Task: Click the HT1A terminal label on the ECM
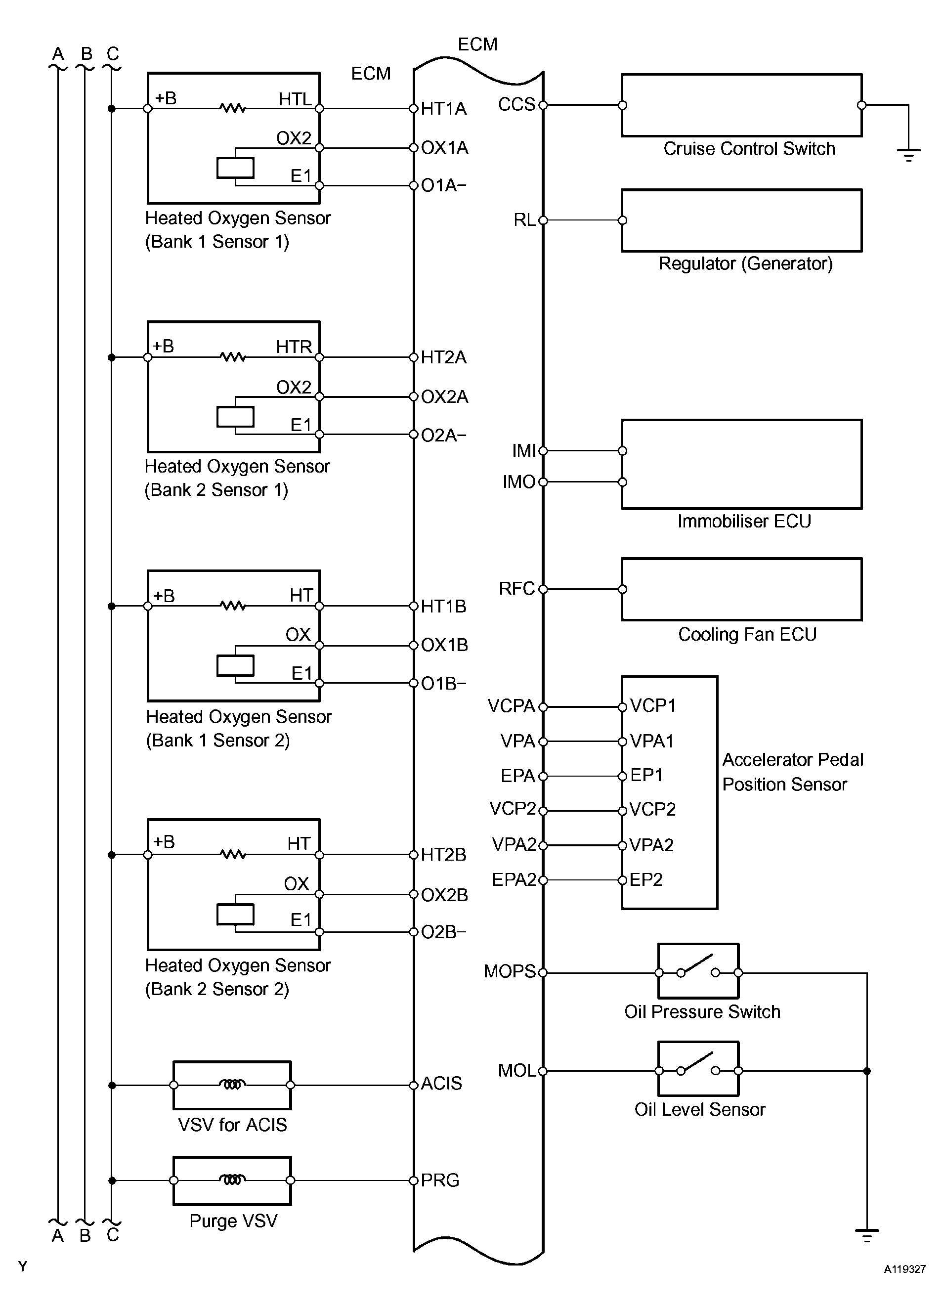click(x=443, y=109)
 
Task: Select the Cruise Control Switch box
click(x=741, y=105)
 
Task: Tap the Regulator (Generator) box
click(x=741, y=220)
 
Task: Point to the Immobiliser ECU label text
click(x=744, y=521)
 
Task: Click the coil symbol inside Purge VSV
click(x=232, y=1179)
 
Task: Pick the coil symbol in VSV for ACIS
click(x=232, y=1084)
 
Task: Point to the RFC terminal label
click(x=517, y=589)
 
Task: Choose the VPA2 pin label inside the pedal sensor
click(x=651, y=845)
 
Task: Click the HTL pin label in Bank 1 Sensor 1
click(x=295, y=99)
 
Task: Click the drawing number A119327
click(x=904, y=1269)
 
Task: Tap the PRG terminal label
click(x=440, y=1180)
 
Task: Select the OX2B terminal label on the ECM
click(x=444, y=895)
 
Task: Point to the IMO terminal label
click(x=518, y=481)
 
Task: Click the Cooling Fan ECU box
click(x=741, y=589)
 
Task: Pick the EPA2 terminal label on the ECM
click(x=514, y=880)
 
